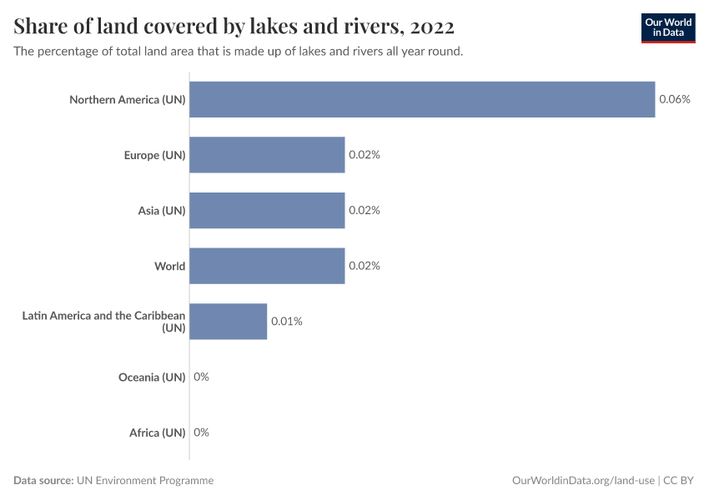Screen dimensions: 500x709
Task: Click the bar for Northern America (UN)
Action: click(421, 99)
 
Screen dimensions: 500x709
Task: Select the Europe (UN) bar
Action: click(267, 155)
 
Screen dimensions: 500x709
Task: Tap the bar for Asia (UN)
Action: click(267, 211)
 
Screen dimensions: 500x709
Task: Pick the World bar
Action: click(267, 266)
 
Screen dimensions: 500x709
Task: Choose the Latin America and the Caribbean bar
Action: click(228, 322)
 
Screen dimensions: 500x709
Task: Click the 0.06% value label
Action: click(675, 99)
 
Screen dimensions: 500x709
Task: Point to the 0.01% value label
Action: click(286, 322)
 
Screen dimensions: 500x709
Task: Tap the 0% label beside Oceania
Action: click(201, 377)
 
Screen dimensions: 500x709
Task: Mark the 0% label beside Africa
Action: click(201, 432)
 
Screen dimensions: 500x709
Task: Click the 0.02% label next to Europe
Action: click(365, 155)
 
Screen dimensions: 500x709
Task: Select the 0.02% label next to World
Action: click(365, 266)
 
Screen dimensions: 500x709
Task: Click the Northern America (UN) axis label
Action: click(127, 100)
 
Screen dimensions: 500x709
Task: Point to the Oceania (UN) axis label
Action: click(152, 377)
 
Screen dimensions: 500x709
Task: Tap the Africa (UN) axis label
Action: click(157, 432)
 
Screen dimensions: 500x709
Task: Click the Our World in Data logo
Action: click(667, 27)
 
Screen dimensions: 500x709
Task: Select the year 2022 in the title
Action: click(432, 27)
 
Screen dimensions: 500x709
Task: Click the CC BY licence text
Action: click(679, 480)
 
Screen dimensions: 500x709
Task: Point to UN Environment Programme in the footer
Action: click(145, 480)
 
